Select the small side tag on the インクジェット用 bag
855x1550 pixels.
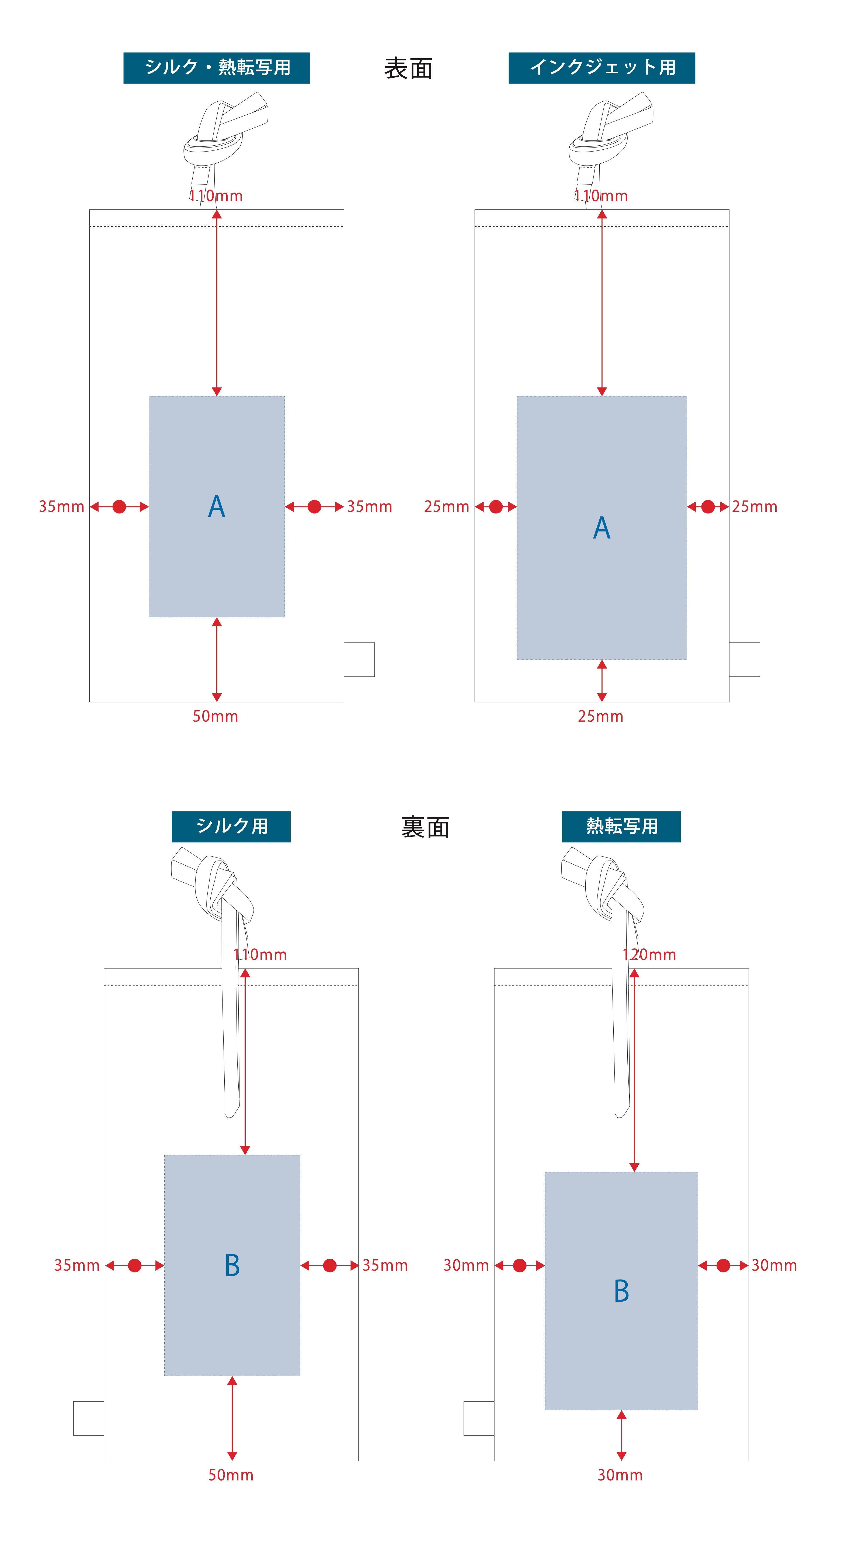[x=744, y=660]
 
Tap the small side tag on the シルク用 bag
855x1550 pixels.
[x=88, y=1418]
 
